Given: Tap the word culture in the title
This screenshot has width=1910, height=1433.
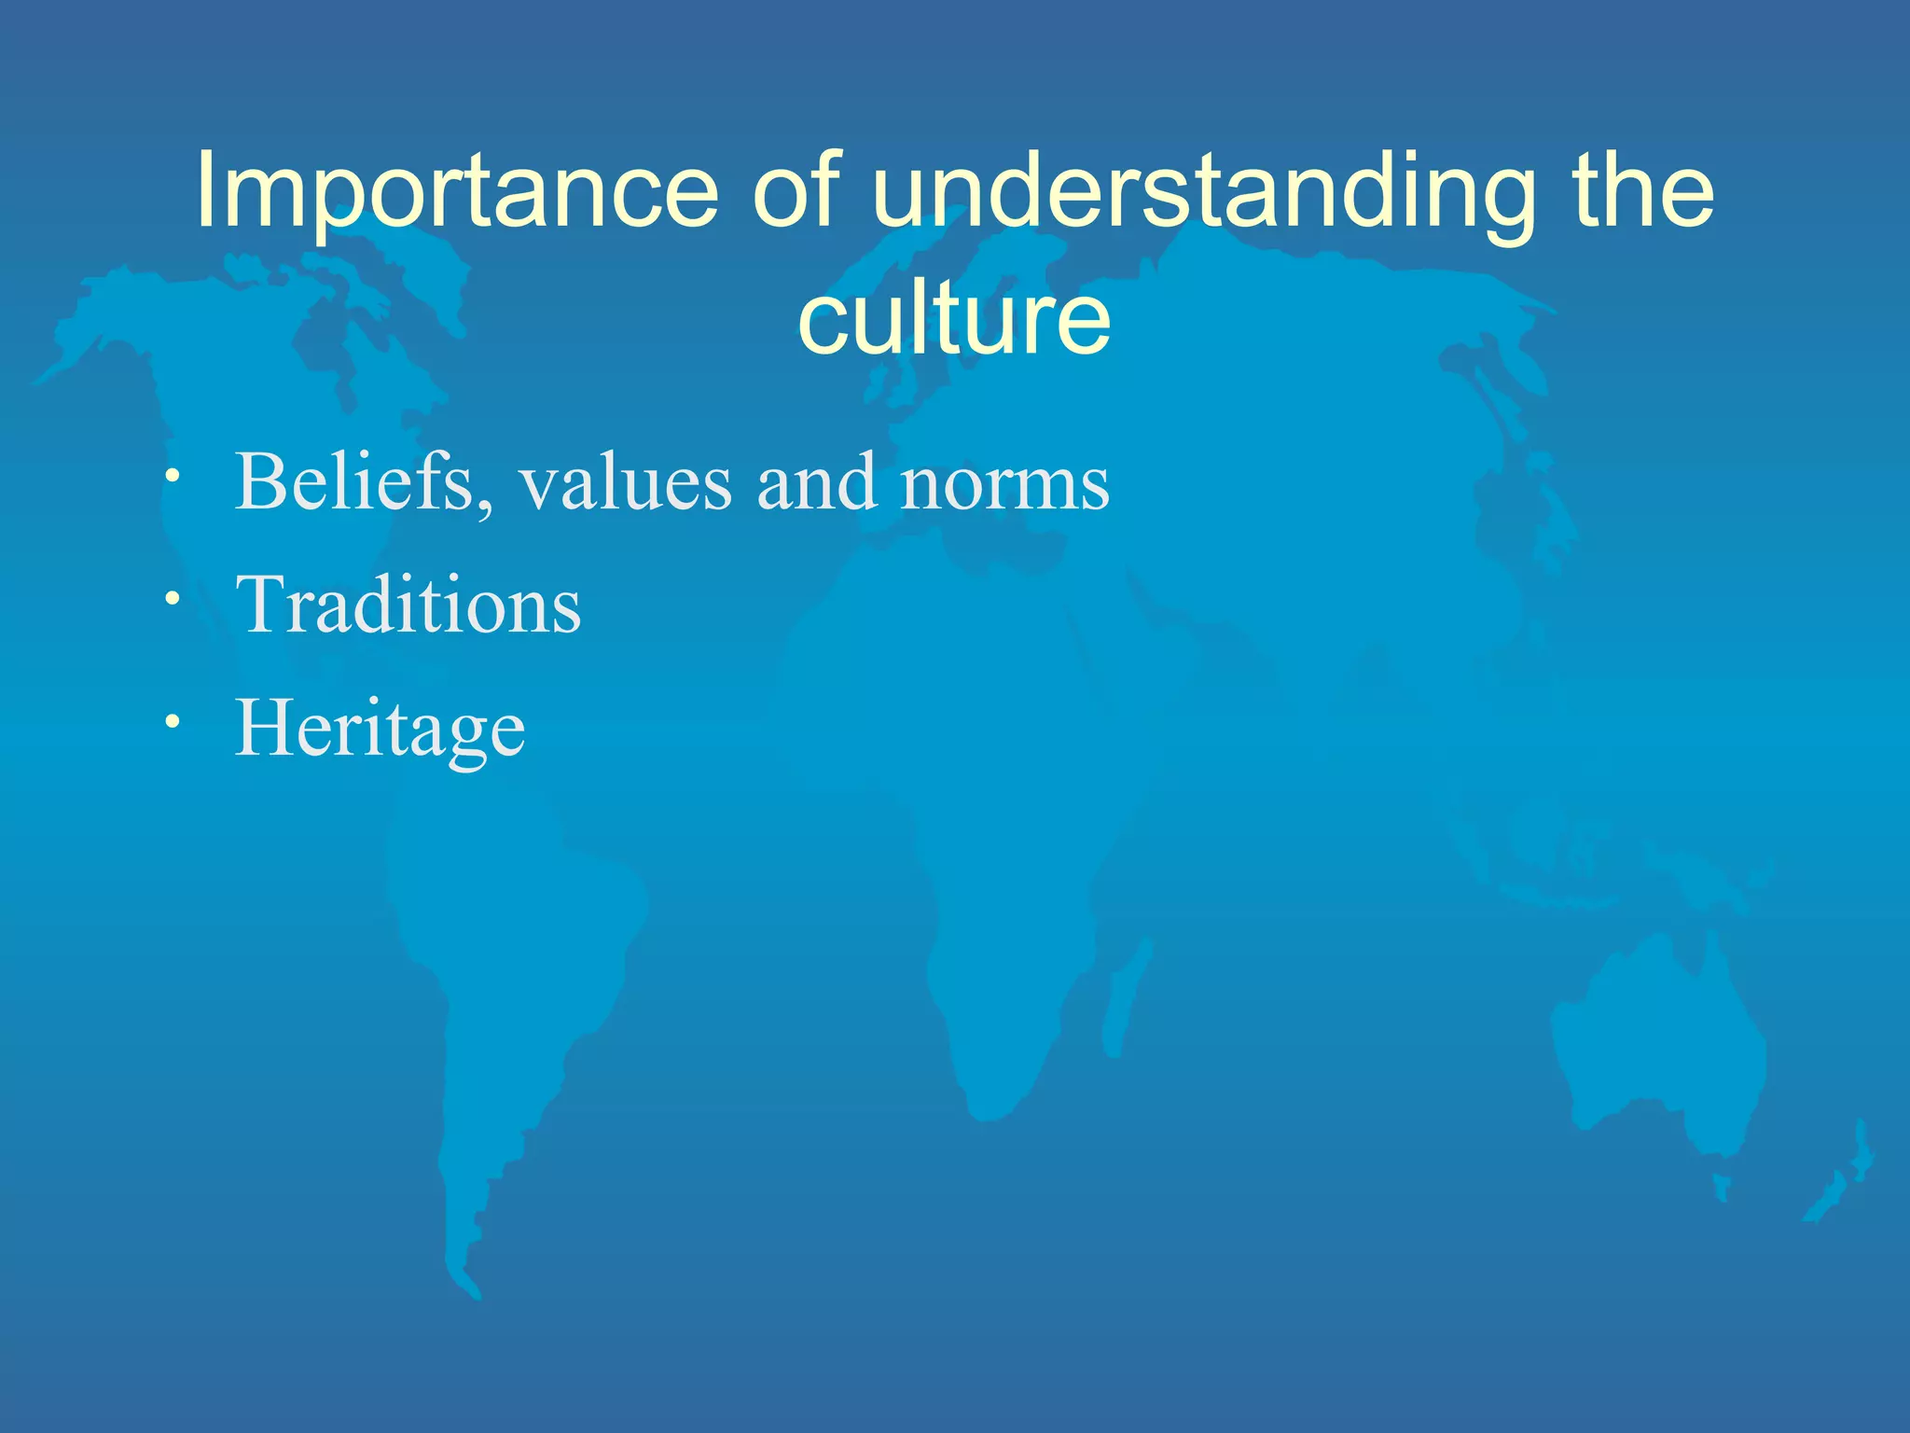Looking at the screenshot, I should pos(954,319).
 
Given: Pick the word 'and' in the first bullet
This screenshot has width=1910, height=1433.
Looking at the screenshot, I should pos(816,483).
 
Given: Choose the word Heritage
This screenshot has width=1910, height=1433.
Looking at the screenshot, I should pos(380,730).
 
